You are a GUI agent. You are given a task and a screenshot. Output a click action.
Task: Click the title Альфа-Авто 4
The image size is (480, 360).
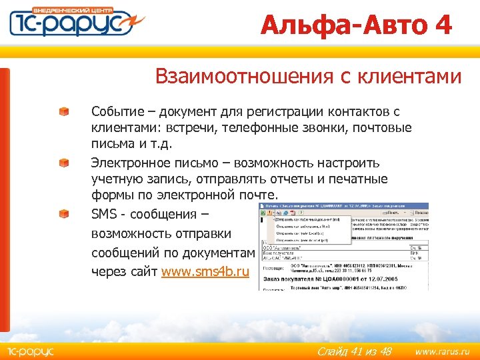point(356,25)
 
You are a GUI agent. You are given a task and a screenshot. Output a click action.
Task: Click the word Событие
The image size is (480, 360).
point(115,111)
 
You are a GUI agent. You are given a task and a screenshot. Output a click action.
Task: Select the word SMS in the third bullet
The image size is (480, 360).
point(105,215)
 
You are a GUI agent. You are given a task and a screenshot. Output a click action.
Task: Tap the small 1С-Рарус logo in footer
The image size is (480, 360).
point(29,351)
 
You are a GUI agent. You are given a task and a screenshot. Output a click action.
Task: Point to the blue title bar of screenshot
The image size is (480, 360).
point(343,206)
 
